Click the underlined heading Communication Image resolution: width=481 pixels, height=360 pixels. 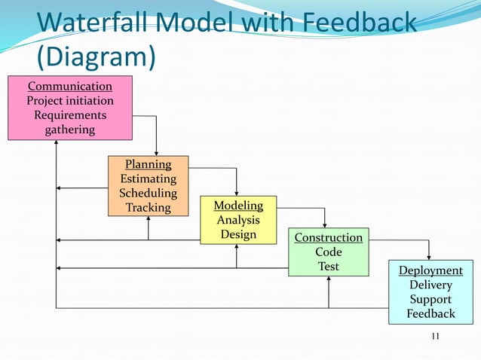(x=70, y=86)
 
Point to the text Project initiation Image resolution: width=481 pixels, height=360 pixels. (x=70, y=101)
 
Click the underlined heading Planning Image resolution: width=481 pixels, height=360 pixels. (x=148, y=164)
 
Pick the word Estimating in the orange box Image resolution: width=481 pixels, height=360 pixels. (x=148, y=179)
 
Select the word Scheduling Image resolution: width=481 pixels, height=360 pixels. (x=148, y=194)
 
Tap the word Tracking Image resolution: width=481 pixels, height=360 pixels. (x=148, y=208)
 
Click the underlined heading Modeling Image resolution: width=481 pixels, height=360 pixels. (x=238, y=206)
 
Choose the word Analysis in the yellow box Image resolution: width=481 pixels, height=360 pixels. (x=238, y=220)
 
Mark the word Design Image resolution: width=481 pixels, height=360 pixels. (x=238, y=234)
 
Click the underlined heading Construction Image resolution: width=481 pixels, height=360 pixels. (x=328, y=238)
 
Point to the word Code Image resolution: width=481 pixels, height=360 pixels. (x=328, y=252)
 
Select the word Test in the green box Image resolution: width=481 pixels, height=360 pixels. (x=328, y=267)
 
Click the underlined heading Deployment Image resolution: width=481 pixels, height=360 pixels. (x=430, y=270)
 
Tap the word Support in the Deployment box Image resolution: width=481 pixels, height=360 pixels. (x=430, y=299)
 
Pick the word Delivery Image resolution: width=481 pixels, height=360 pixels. (x=430, y=285)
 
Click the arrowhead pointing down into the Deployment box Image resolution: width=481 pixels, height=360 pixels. (x=429, y=256)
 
